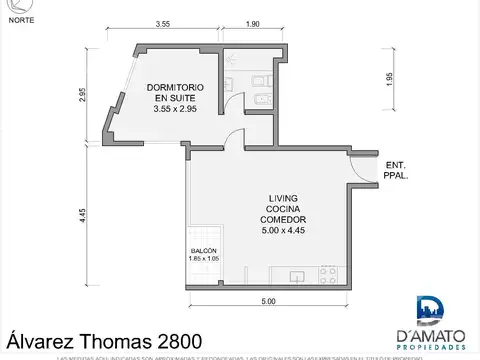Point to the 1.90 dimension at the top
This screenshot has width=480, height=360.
(253, 22)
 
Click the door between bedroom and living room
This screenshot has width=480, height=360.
(232, 138)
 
